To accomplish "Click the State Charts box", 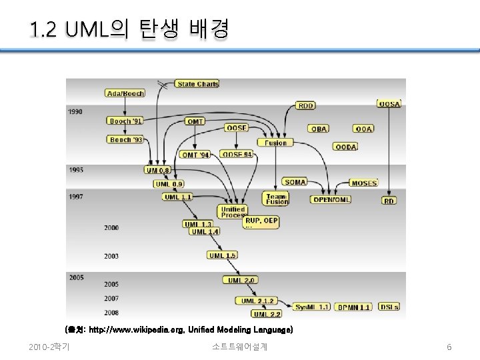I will pyautogui.click(x=197, y=84).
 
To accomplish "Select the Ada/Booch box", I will pyautogui.click(x=125, y=93).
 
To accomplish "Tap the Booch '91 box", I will pyautogui.click(x=125, y=121).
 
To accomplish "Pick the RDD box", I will pyautogui.click(x=306, y=105).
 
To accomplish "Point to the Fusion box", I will pyautogui.click(x=275, y=143).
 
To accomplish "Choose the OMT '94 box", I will pyautogui.click(x=195, y=155).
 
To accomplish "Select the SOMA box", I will pyautogui.click(x=295, y=182).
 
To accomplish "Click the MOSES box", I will pyautogui.click(x=364, y=183).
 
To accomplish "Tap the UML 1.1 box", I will pyautogui.click(x=178, y=197).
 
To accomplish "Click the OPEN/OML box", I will pyautogui.click(x=331, y=199).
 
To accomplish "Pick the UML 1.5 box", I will pyautogui.click(x=223, y=255).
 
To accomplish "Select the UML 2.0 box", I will pyautogui.click(x=241, y=280).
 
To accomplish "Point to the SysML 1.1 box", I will pyautogui.click(x=312, y=307).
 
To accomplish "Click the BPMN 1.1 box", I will pyautogui.click(x=353, y=307).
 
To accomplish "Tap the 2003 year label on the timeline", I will pyautogui.click(x=111, y=256).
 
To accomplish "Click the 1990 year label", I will pyautogui.click(x=75, y=112).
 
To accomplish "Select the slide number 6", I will pyautogui.click(x=449, y=347).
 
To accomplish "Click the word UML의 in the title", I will pyautogui.click(x=98, y=29).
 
